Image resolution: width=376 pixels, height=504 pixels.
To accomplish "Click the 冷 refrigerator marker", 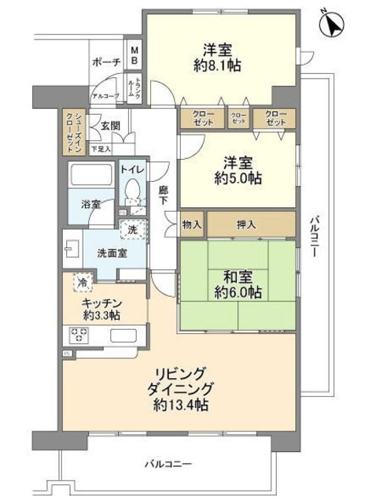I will (80, 280).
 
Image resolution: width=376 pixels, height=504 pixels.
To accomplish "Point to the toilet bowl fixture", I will (132, 189).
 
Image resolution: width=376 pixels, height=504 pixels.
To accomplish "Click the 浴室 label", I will (89, 203).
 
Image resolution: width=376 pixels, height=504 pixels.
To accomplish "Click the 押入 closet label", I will (246, 224).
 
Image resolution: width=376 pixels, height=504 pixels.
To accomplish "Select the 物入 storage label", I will (192, 224).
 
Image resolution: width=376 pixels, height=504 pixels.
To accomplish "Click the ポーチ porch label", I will (105, 62).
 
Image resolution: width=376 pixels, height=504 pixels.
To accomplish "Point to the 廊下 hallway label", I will (162, 196).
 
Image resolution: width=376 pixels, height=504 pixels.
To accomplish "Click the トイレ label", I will (131, 168).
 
